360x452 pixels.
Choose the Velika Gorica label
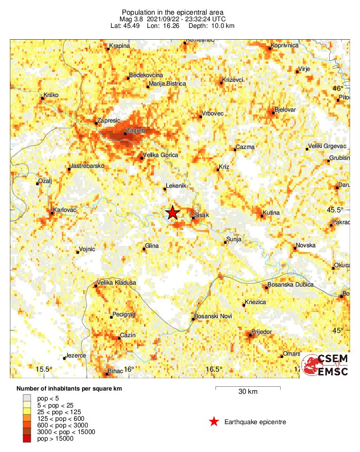160,155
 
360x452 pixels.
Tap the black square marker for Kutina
262,217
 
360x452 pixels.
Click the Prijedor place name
262,332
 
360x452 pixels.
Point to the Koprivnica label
285,45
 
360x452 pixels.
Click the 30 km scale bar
248,389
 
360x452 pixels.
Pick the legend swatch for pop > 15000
27,439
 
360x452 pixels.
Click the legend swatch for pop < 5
27,399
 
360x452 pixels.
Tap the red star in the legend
214,422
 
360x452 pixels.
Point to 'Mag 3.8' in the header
131,19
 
